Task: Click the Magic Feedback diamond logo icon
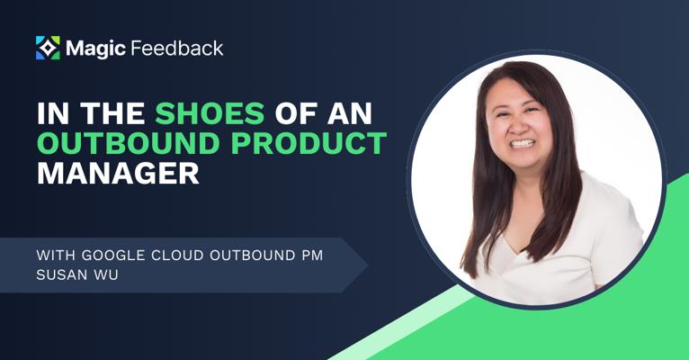(x=48, y=48)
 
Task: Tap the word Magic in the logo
(x=95, y=49)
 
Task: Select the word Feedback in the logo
(x=177, y=48)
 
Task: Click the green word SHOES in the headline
(x=210, y=113)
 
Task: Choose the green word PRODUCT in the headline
(x=309, y=143)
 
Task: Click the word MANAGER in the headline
(x=118, y=173)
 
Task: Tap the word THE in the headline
(x=112, y=113)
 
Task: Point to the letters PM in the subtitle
(x=312, y=256)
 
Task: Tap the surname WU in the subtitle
(x=109, y=275)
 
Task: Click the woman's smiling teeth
(x=522, y=143)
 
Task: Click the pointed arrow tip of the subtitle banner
(x=367, y=265)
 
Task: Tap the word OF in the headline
(x=296, y=113)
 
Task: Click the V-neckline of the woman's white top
(x=517, y=250)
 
